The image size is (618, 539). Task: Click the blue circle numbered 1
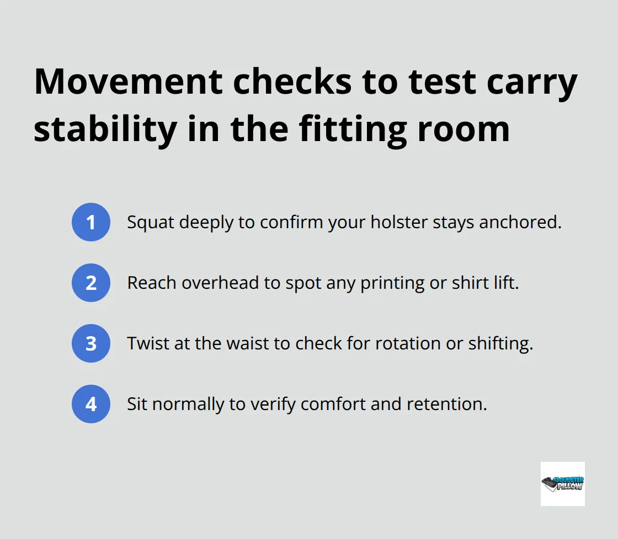(91, 222)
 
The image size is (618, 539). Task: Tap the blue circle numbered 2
(91, 283)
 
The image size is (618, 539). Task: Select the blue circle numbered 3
(91, 343)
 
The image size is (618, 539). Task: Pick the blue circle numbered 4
(91, 404)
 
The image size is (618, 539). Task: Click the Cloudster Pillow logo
(562, 483)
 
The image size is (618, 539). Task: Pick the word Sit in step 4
(137, 404)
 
